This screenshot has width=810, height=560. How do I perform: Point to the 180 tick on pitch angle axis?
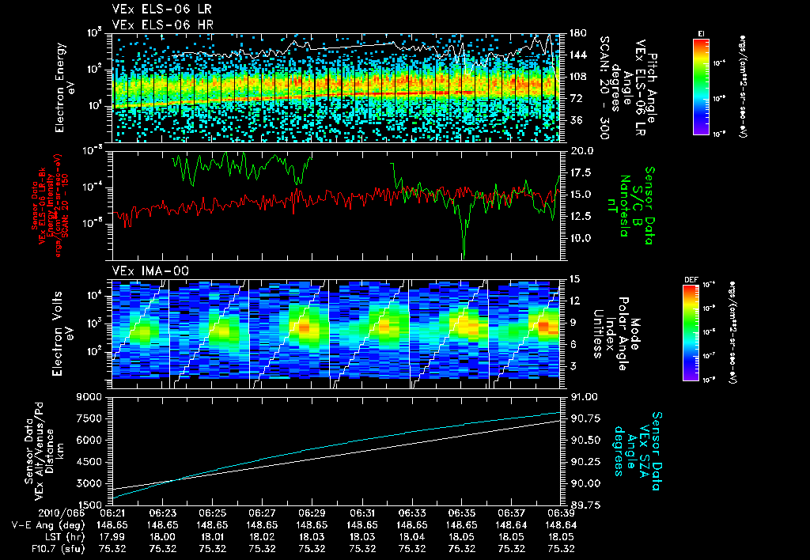[x=577, y=33]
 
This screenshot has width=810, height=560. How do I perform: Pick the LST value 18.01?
[x=212, y=536]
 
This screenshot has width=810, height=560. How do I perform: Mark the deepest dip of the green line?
[x=464, y=255]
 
